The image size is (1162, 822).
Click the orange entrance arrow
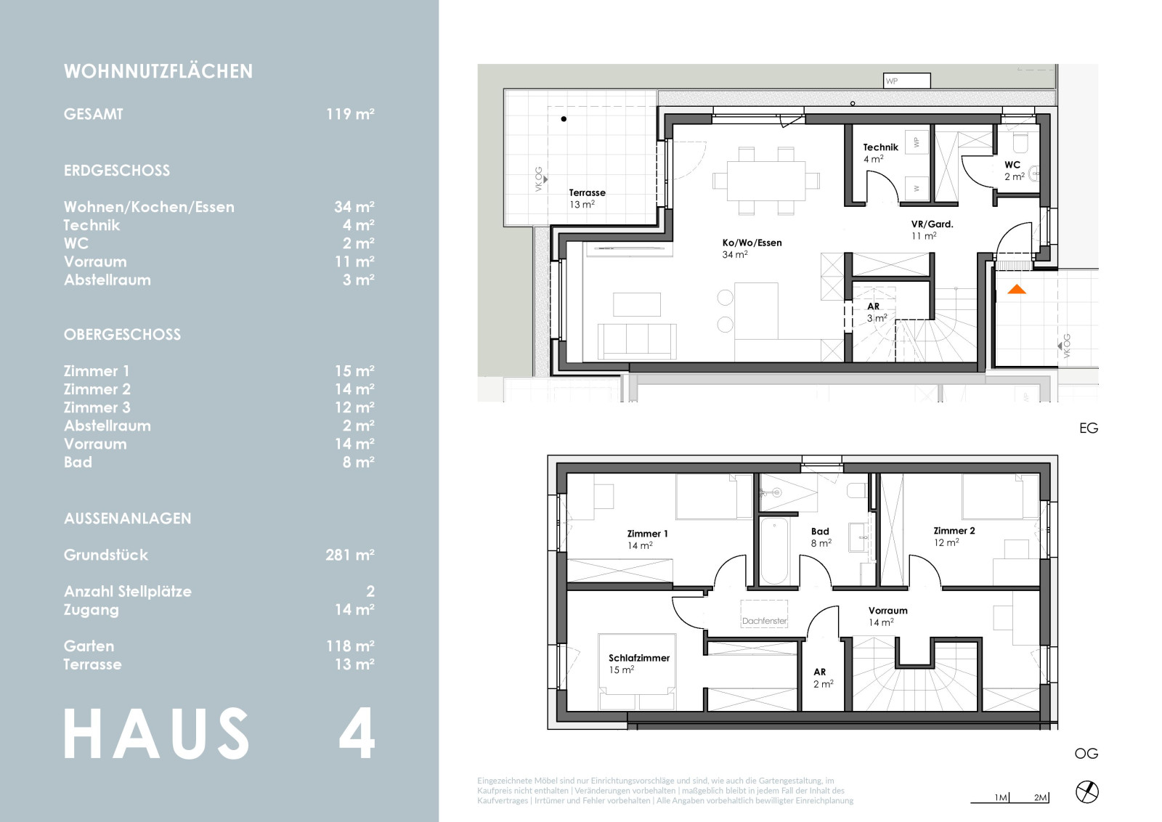coord(1016,290)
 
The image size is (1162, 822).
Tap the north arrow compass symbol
coord(1086,792)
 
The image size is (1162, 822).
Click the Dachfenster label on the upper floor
coord(764,621)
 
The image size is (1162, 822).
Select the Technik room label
coord(880,147)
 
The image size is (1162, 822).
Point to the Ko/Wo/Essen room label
coord(752,243)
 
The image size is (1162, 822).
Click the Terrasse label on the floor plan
coord(588,193)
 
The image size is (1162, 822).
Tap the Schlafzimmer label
coord(639,658)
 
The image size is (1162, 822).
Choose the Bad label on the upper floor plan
coord(820,532)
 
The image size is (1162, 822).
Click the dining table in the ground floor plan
coord(766,181)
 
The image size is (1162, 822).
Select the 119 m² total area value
coord(350,114)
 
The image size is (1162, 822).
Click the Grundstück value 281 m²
coord(349,555)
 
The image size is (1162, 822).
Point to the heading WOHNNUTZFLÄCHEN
coord(158,72)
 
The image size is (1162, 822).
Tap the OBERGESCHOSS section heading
coord(123,335)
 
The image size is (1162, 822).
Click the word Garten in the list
coord(89,646)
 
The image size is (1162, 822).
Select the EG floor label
coord(1089,428)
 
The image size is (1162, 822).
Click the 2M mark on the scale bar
coord(1040,797)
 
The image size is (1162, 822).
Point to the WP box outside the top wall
coord(907,81)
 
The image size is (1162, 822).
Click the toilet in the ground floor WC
coord(1020,144)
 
